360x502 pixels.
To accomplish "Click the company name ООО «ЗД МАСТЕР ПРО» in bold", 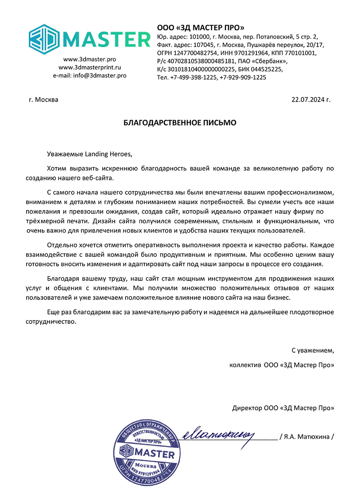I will tap(200, 28).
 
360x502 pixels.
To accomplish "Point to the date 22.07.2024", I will tap(307, 99).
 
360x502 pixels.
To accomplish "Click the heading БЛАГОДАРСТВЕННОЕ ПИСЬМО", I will tap(180, 122).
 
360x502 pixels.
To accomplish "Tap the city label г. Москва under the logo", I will tap(44, 99).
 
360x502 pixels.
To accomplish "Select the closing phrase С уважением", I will tap(313, 350).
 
